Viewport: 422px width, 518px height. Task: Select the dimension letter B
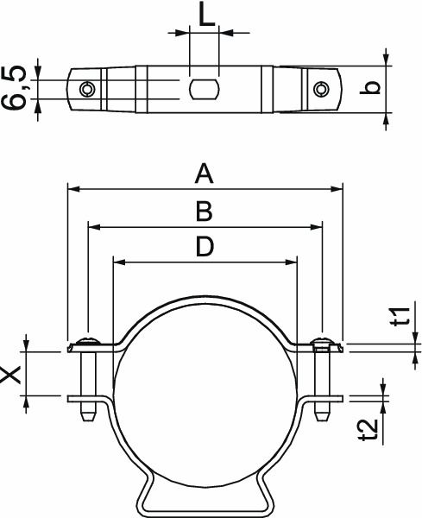pos(204,212)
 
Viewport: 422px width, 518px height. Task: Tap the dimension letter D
pos(204,248)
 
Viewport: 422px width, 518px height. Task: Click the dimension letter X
pos(12,374)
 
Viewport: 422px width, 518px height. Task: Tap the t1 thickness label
pos(399,316)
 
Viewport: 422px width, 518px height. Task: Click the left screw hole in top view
pos(86,89)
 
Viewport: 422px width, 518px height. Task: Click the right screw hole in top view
pos(321,88)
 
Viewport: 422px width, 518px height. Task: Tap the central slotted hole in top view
pos(205,88)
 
